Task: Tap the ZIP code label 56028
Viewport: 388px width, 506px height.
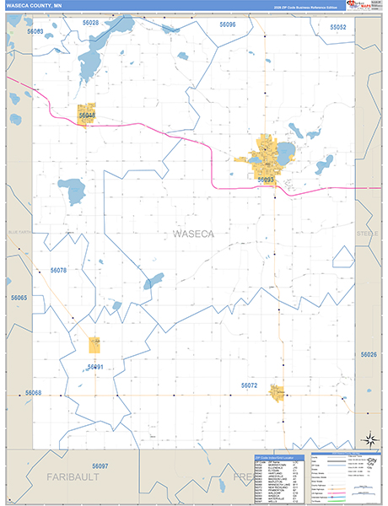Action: click(90, 23)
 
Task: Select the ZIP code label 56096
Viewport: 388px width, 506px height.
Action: click(226, 25)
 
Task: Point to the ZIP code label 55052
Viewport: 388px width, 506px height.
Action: click(338, 27)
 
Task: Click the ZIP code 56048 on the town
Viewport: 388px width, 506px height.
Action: click(87, 116)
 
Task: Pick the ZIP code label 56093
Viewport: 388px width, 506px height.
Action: click(266, 179)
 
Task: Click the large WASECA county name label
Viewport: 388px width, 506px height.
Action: click(194, 233)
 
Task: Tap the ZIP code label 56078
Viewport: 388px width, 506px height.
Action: click(58, 270)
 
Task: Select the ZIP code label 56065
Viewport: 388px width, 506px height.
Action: click(19, 298)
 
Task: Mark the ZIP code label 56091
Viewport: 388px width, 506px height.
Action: click(94, 367)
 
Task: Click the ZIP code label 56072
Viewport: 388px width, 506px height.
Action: click(249, 385)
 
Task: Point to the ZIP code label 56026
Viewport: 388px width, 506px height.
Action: click(369, 355)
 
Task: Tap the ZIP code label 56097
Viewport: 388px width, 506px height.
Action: click(100, 466)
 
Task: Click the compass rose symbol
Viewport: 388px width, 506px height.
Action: click(368, 438)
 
